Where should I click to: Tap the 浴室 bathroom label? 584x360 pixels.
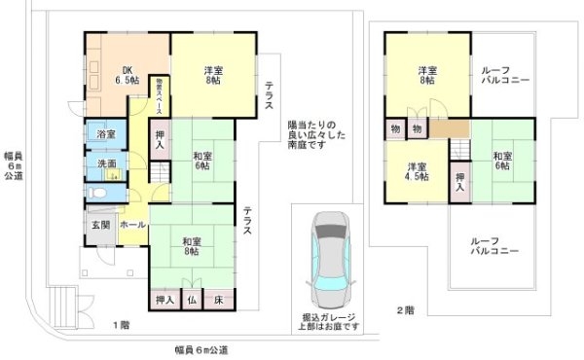(x=106, y=134)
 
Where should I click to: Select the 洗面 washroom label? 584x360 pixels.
(x=106, y=163)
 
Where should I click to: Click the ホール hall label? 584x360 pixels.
(x=132, y=225)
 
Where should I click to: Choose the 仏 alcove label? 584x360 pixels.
(x=193, y=302)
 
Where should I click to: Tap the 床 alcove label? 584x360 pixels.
(x=219, y=302)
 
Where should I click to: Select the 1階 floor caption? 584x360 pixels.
(x=120, y=324)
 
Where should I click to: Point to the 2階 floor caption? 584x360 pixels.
(x=405, y=311)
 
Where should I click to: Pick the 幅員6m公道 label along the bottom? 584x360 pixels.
(x=201, y=348)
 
